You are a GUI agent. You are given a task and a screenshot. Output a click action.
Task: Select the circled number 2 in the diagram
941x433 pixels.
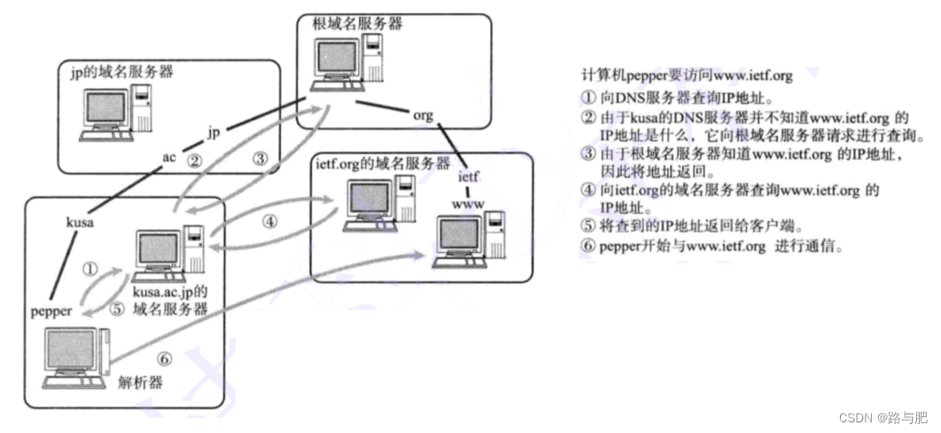pos(197,161)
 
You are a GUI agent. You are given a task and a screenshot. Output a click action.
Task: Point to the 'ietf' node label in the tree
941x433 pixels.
pos(469,177)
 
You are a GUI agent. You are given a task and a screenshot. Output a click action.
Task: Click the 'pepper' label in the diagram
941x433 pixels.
pos(51,312)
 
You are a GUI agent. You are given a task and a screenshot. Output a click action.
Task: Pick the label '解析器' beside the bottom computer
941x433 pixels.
pos(143,382)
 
